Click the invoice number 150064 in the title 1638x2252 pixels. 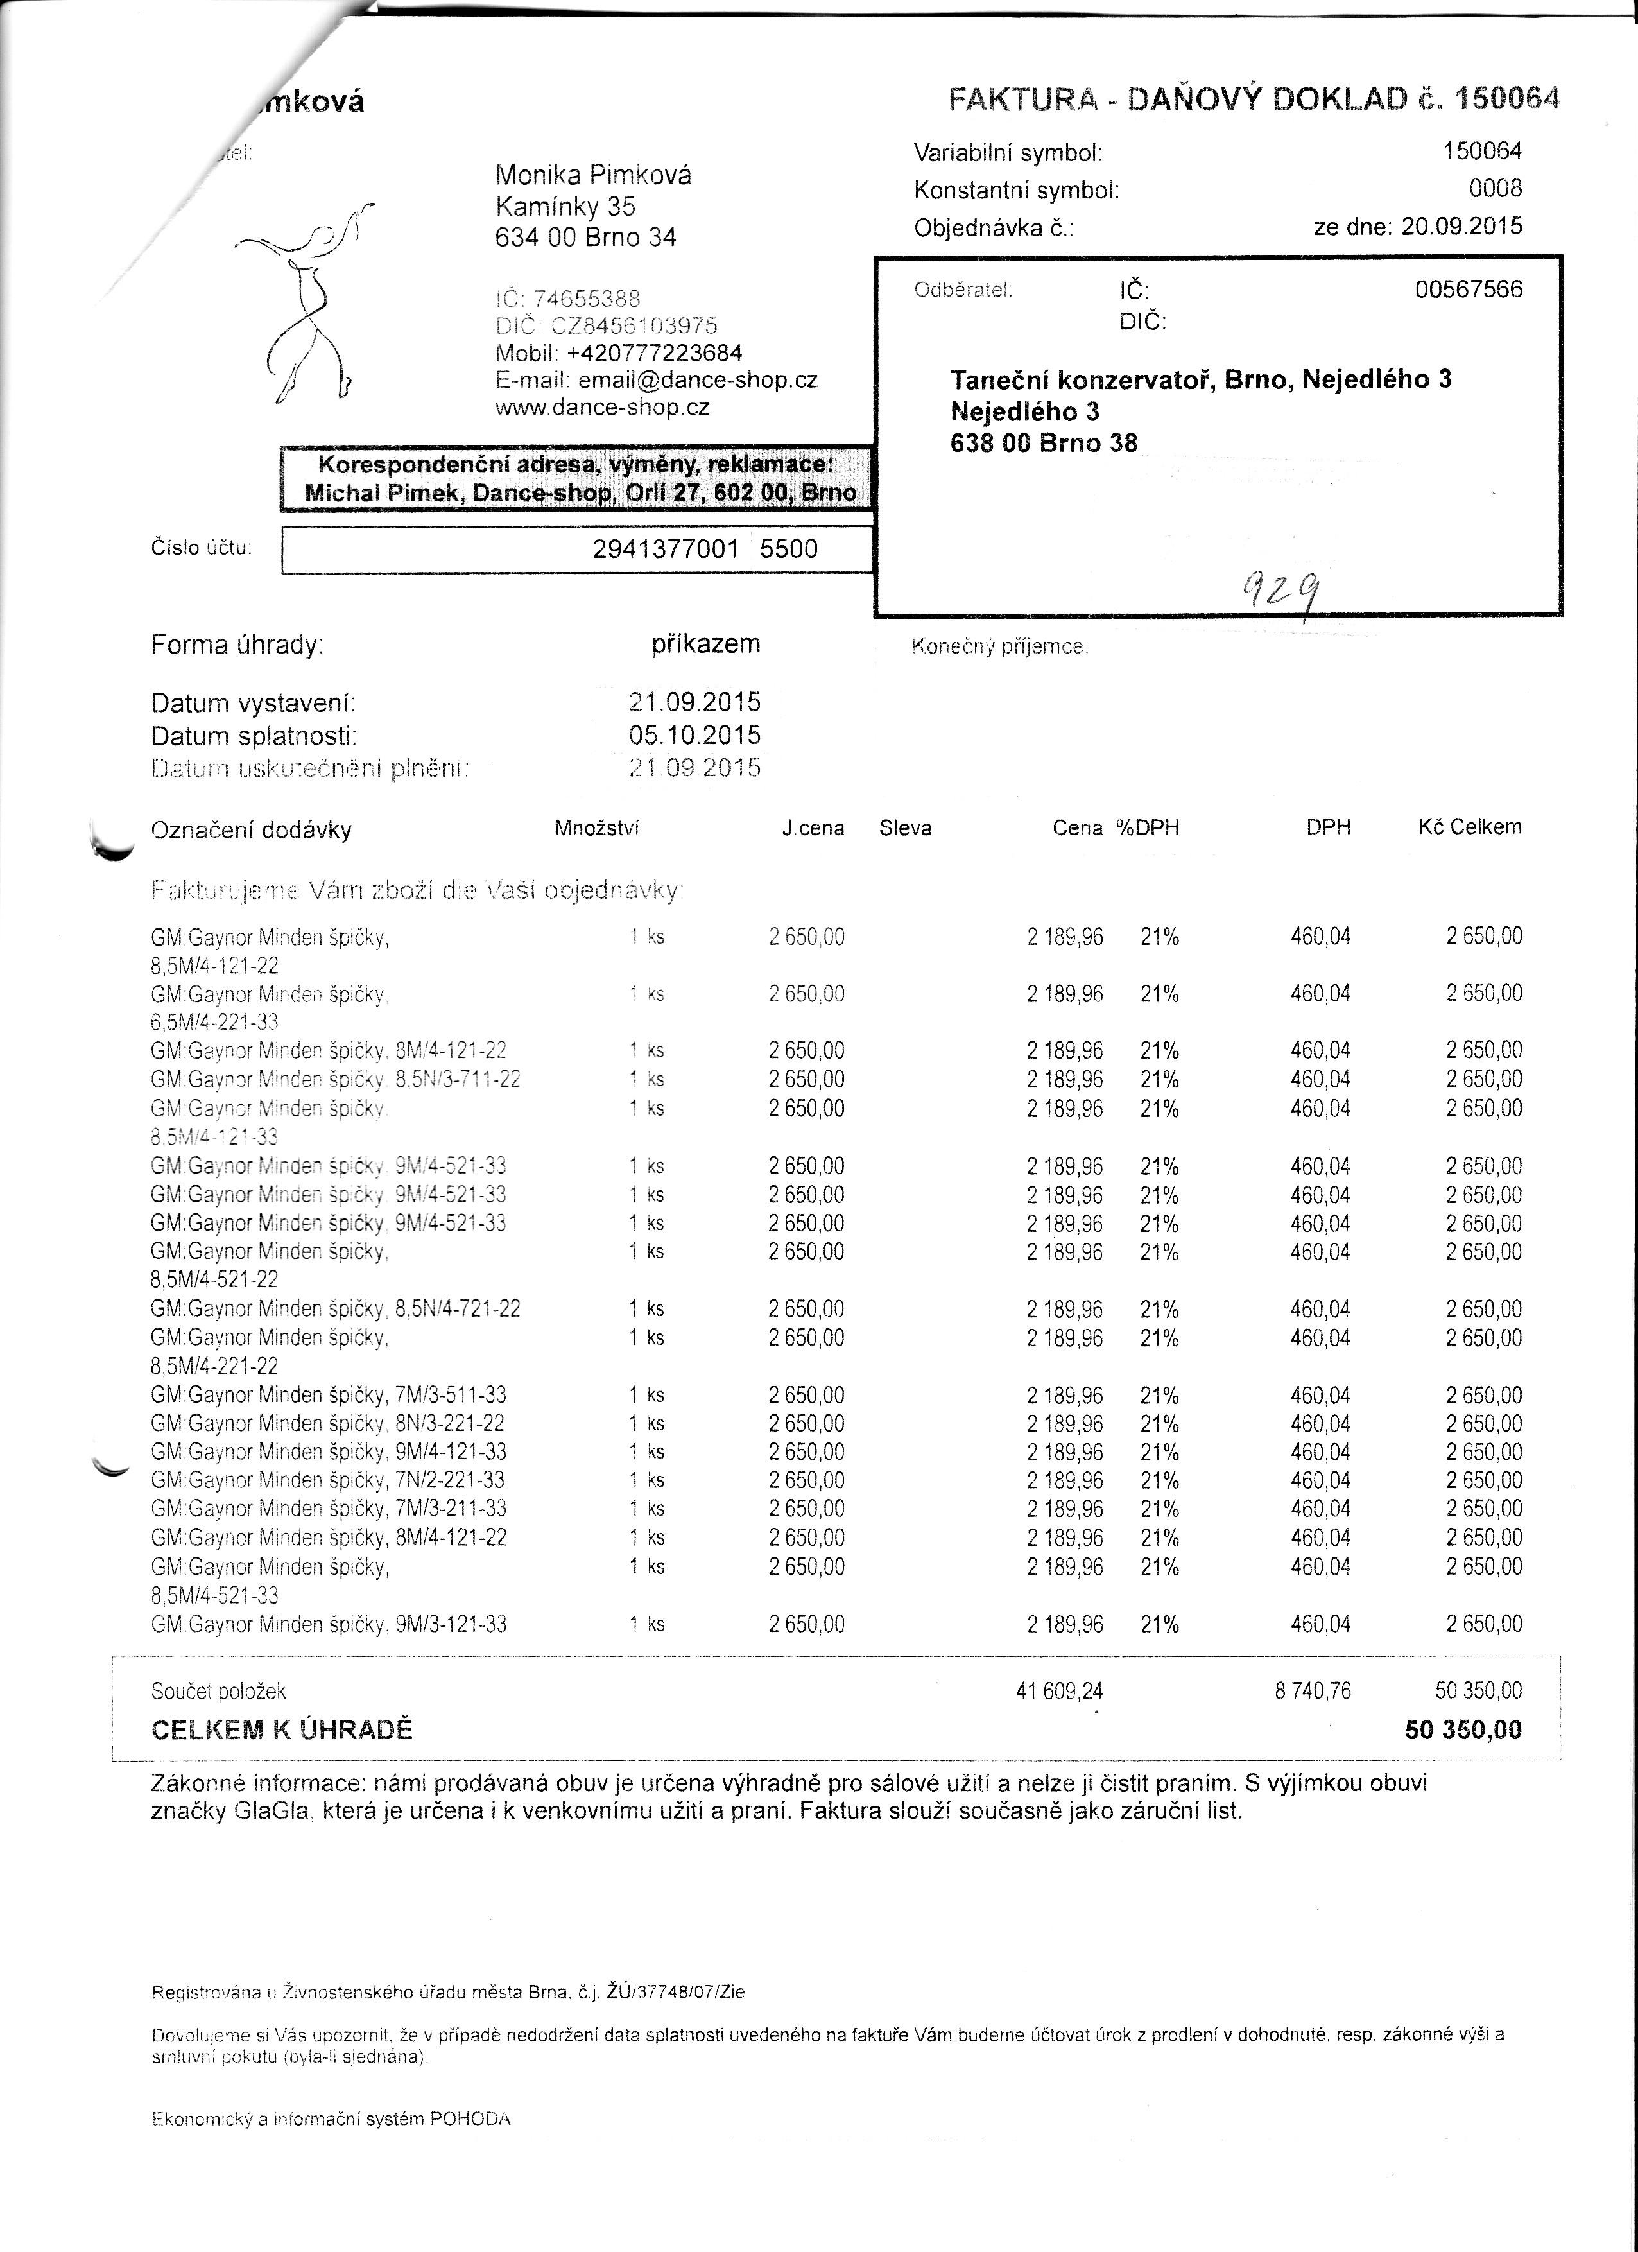1506,98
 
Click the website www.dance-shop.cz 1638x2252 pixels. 603,407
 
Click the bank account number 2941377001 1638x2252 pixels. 665,549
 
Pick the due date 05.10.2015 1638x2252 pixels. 695,735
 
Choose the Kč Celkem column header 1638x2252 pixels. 1469,827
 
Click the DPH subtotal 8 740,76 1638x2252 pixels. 1313,1690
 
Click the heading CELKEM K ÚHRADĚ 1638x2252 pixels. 281,1729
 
